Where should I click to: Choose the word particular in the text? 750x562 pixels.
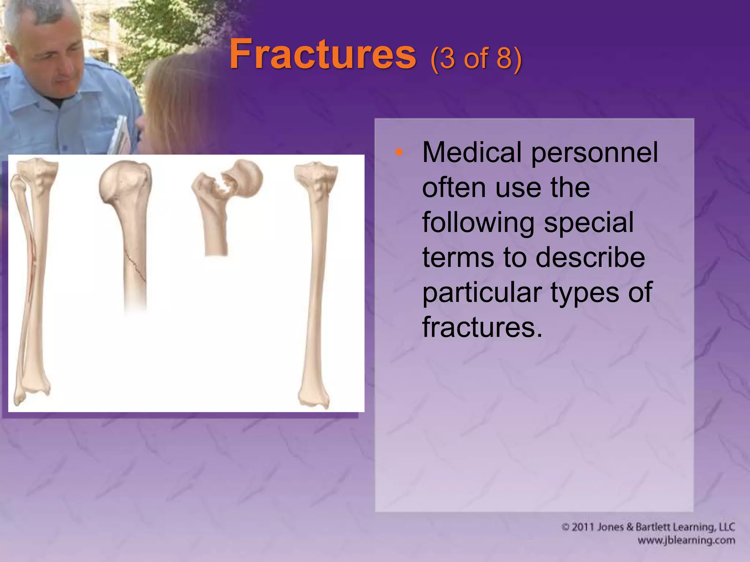coord(482,292)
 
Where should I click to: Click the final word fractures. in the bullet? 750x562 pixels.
coord(482,326)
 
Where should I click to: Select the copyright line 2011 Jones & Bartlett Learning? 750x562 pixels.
coord(648,527)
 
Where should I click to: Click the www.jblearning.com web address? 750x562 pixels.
coord(686,540)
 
